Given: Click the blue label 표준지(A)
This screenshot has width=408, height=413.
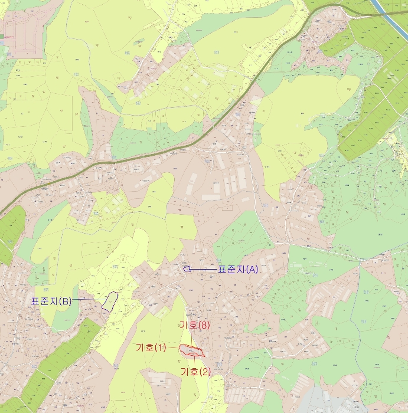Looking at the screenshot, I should [x=238, y=269].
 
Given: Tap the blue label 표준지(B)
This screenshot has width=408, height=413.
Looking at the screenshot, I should [x=51, y=301].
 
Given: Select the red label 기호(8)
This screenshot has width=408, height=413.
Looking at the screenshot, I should [x=194, y=325].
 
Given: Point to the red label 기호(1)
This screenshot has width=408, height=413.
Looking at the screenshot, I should [x=152, y=348].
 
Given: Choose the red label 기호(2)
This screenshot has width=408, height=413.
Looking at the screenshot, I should [x=195, y=371].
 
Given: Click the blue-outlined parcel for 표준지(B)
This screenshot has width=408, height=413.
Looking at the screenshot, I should [x=110, y=301].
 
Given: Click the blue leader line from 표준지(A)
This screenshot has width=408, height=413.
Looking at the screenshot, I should [x=204, y=269].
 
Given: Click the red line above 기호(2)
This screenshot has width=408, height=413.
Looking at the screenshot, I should [x=194, y=360].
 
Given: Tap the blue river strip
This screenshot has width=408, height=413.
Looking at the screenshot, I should [x=378, y=6].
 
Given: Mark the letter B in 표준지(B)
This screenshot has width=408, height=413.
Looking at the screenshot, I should [x=65, y=301].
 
